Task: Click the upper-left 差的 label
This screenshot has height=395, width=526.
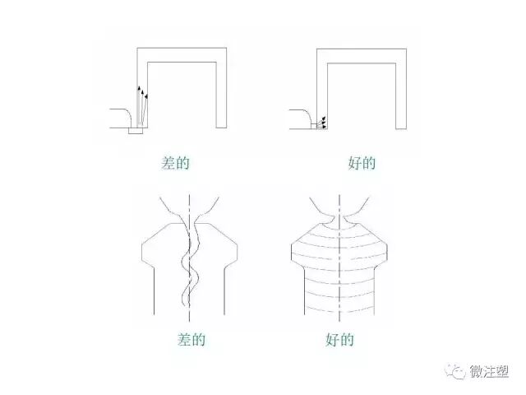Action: click(176, 163)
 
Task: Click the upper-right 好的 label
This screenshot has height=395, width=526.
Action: click(362, 163)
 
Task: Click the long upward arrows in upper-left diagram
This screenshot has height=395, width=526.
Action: click(141, 103)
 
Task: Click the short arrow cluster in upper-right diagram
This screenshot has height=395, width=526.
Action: click(322, 123)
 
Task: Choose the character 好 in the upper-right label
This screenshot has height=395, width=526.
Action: click(354, 163)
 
